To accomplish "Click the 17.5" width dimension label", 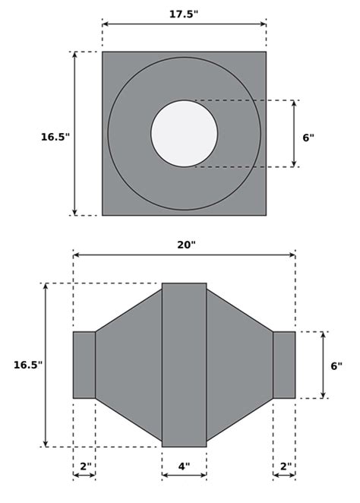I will (x=184, y=14).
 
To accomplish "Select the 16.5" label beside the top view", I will (x=55, y=137).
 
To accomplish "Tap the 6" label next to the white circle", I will (x=308, y=138).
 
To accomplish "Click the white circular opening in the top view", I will (x=184, y=134).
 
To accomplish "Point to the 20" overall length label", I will (x=186, y=245).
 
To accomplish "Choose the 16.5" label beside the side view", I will (x=28, y=365).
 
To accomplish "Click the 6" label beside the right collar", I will (x=336, y=365).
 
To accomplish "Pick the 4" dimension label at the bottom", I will (x=184, y=466).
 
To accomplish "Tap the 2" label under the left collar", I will (x=84, y=466).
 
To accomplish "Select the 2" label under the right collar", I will (x=284, y=466).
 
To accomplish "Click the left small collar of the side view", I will (x=84, y=365).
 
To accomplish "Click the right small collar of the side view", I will (x=284, y=365).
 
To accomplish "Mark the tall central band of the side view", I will (x=184, y=365).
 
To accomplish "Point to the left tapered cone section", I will (x=129, y=365).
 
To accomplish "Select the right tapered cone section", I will (x=239, y=365).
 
